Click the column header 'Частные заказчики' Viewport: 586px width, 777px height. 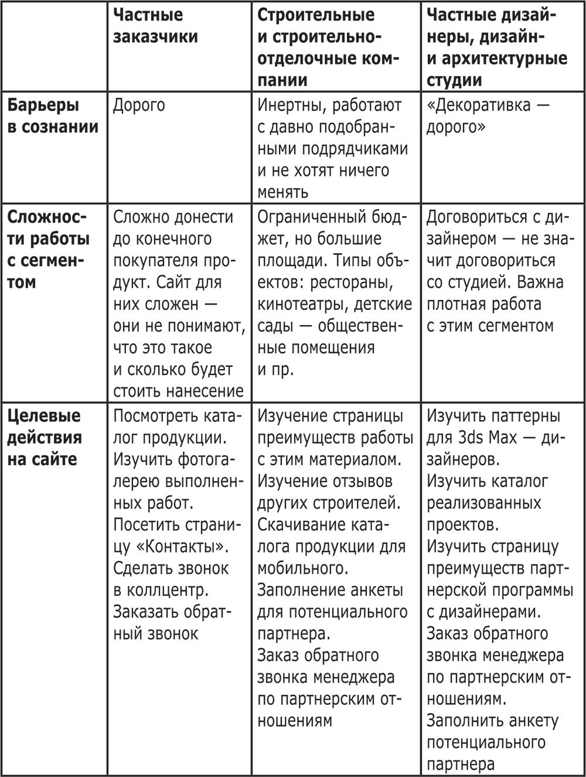point(155,25)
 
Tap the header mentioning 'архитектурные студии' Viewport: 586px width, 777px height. point(497,47)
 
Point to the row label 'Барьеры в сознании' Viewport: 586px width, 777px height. point(53,116)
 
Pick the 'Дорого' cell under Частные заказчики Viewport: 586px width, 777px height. point(139,105)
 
